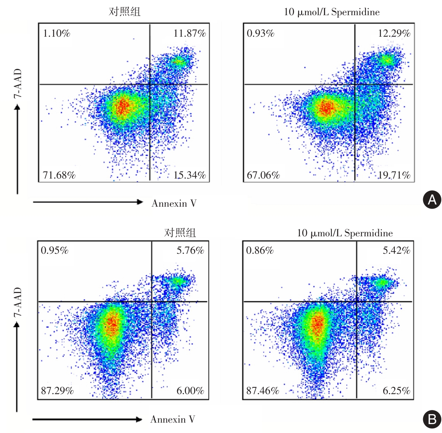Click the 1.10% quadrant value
[x=57, y=34]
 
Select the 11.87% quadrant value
[x=190, y=34]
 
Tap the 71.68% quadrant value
[x=59, y=175]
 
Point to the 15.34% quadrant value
[x=190, y=175]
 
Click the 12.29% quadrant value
[x=394, y=34]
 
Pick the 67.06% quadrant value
[x=263, y=175]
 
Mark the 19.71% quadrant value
[x=394, y=175]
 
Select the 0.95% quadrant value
[x=55, y=251]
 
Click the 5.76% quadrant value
[x=190, y=251]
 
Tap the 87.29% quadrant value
[x=57, y=390]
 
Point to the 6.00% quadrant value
[x=190, y=390]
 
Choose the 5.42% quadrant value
[x=397, y=251]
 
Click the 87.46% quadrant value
[x=263, y=390]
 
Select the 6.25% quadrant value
[x=397, y=390]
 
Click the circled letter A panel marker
[x=432, y=200]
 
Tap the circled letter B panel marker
[x=432, y=419]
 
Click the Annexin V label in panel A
[x=174, y=203]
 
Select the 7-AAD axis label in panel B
[x=18, y=302]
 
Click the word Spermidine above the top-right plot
[x=355, y=12]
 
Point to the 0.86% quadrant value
[x=260, y=251]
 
